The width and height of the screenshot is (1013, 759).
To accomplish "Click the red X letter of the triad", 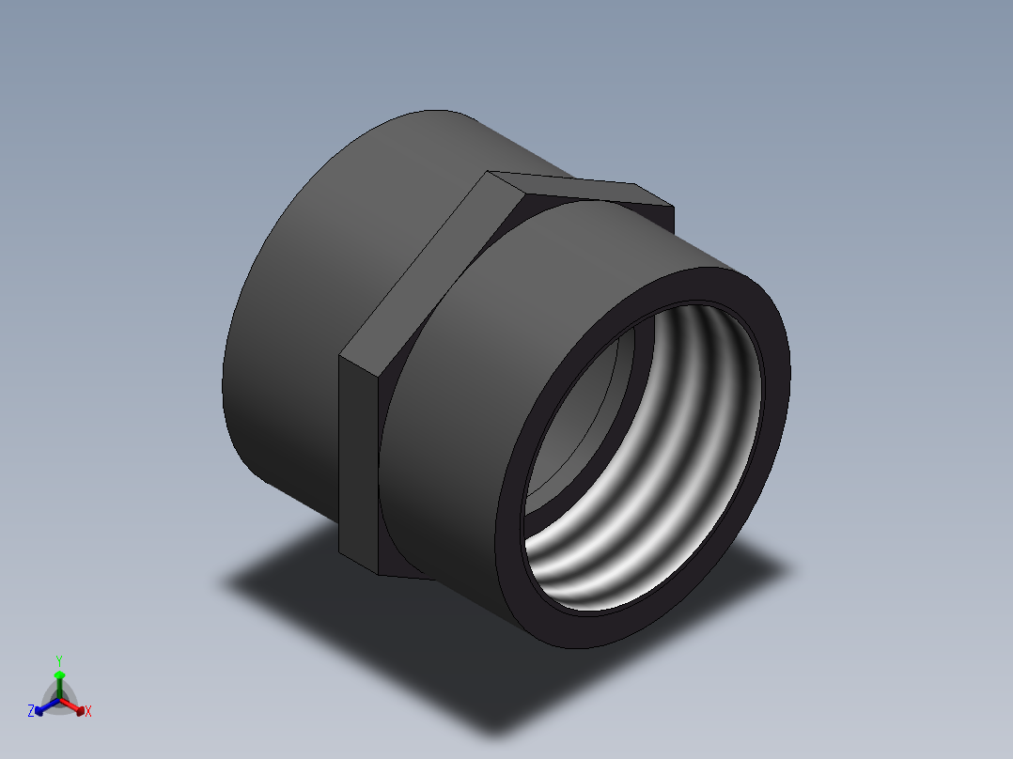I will (87, 712).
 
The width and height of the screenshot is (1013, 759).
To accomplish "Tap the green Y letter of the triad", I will (59, 660).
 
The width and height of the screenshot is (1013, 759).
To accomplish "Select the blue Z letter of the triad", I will (31, 712).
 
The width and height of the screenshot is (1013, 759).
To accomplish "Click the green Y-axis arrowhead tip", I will (59, 674).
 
